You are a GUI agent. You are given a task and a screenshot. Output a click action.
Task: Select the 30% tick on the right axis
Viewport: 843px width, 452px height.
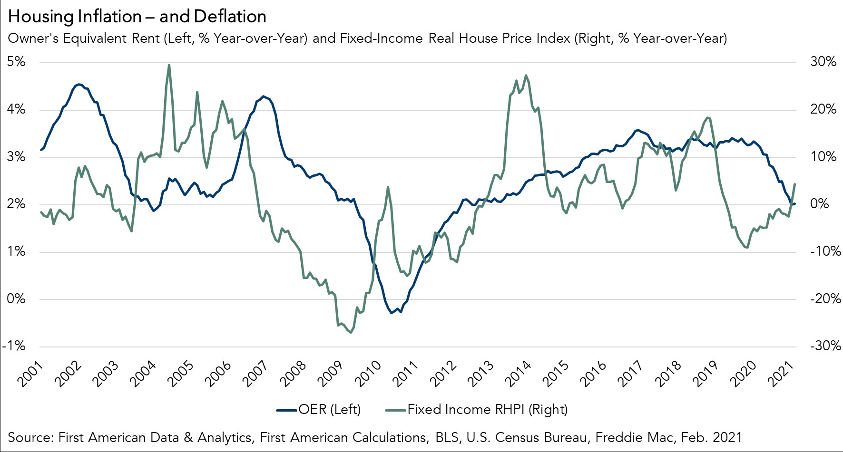(x=823, y=62)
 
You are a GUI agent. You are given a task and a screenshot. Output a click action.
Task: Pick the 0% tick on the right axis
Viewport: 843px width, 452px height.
(x=819, y=204)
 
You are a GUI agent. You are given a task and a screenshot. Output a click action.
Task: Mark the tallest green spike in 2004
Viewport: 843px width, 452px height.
(x=169, y=65)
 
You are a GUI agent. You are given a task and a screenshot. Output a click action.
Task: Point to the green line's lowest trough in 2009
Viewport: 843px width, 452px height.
(x=351, y=332)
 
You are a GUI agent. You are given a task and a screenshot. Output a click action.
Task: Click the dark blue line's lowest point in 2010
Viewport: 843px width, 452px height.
(x=391, y=313)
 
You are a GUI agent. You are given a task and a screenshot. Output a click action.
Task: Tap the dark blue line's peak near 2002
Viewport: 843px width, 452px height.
(x=79, y=84)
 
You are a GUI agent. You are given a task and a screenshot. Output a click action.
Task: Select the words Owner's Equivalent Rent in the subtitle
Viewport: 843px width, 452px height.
(x=84, y=38)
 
